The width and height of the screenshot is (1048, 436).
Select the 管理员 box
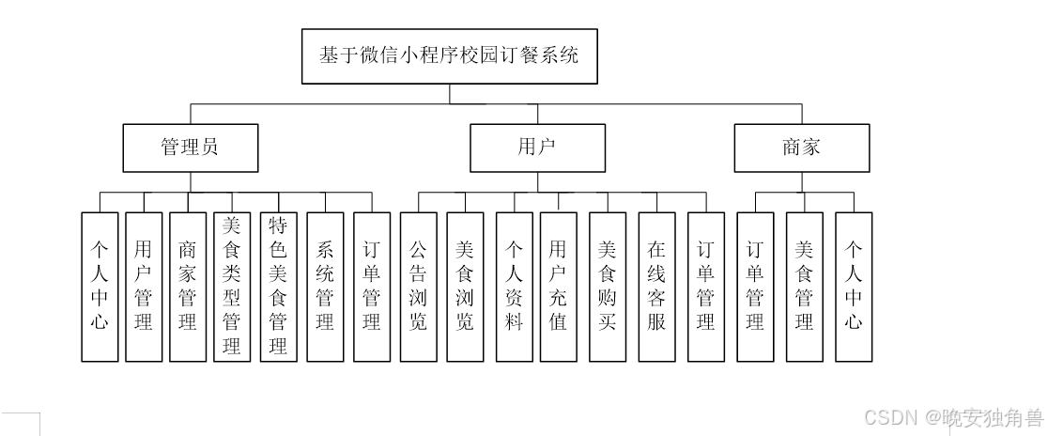tap(191, 148)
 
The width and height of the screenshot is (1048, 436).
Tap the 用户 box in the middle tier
tap(538, 148)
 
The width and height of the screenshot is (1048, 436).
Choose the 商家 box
tap(801, 148)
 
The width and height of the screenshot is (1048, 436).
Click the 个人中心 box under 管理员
tap(100, 287)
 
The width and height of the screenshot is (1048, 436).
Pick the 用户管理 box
tap(144, 287)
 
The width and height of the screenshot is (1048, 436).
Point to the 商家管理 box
tap(188, 287)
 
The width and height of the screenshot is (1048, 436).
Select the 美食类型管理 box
tap(231, 287)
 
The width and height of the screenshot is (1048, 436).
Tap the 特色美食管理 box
tap(277, 287)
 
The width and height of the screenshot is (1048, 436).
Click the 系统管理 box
tap(325, 287)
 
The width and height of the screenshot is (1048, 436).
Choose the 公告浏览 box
tap(418, 287)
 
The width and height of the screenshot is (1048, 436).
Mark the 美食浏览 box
tap(465, 287)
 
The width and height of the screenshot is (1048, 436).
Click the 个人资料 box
tap(514, 287)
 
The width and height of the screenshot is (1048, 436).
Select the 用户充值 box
tap(559, 287)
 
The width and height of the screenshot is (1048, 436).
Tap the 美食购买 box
tap(608, 287)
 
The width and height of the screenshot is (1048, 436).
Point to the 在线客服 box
tap(656, 287)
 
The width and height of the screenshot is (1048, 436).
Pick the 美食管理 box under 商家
tap(804, 287)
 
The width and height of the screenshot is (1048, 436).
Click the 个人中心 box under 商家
tap(853, 287)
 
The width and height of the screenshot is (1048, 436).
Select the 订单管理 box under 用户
tap(706, 287)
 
